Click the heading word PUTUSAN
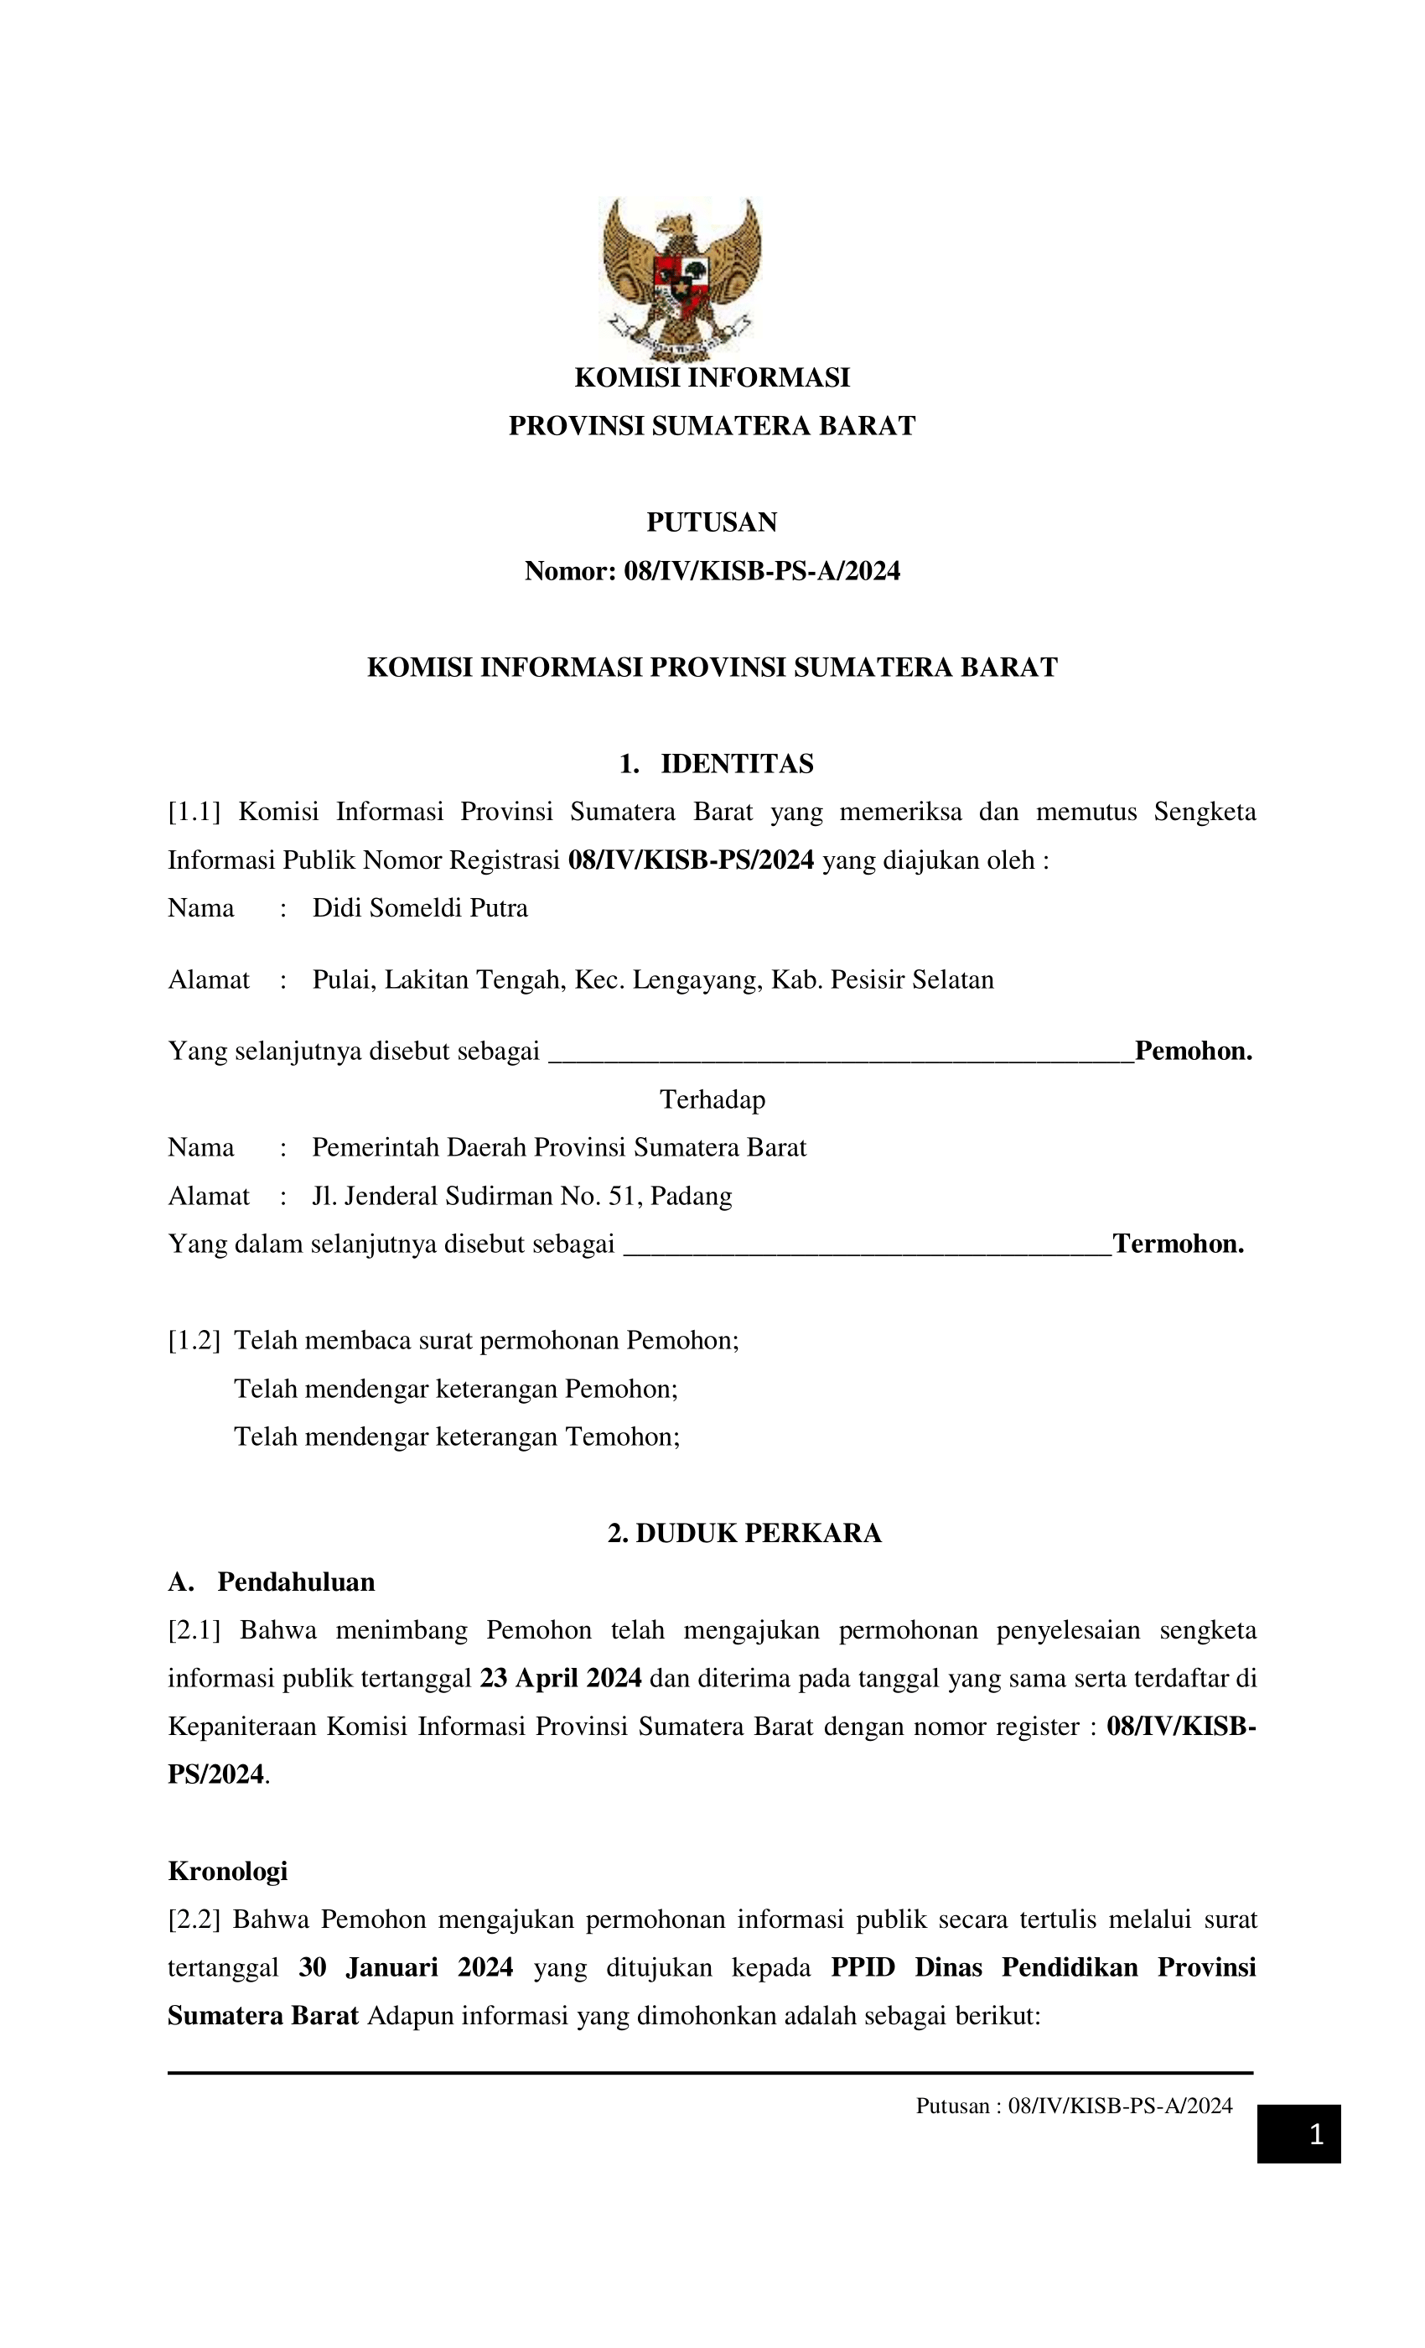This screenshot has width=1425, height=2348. pyautogui.click(x=712, y=522)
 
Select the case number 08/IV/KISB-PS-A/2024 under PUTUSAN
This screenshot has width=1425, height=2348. pyautogui.click(x=761, y=572)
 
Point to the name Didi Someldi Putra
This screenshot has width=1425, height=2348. pyautogui.click(x=420, y=908)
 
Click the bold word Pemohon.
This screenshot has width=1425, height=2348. pyautogui.click(x=1193, y=1052)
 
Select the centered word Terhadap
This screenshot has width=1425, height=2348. pyautogui.click(x=712, y=1100)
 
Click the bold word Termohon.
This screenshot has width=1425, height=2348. pyautogui.click(x=1179, y=1244)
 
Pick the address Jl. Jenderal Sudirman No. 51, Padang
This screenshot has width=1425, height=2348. pyautogui.click(x=522, y=1197)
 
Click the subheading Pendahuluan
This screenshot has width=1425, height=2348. pyautogui.click(x=295, y=1582)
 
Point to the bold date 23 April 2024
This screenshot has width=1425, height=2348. pyautogui.click(x=560, y=1678)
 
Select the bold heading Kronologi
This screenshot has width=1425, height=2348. pyautogui.click(x=228, y=1872)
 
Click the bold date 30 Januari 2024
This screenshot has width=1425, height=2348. pyautogui.click(x=406, y=1968)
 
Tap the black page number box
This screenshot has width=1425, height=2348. pyautogui.click(x=1298, y=2133)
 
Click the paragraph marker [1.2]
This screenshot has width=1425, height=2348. pyautogui.click(x=194, y=1341)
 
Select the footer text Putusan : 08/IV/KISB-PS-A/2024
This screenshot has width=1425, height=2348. pyautogui.click(x=1074, y=2106)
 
